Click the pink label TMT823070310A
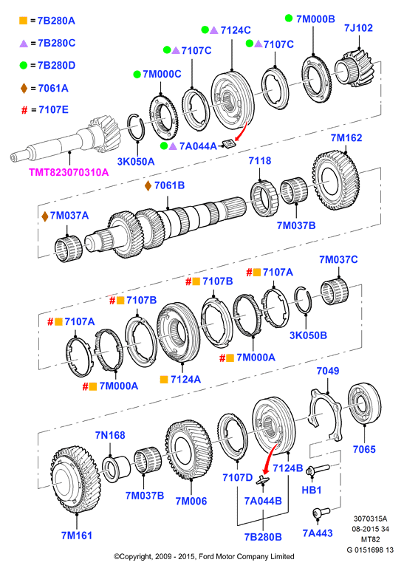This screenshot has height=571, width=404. (69, 172)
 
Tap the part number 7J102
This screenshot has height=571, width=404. (358, 28)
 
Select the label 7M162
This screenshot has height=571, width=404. (346, 137)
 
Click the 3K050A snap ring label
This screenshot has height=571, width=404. (136, 161)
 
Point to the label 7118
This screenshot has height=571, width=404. (260, 160)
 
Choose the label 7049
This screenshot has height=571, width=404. (328, 371)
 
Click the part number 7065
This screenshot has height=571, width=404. (364, 449)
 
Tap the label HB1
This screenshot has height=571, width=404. (312, 490)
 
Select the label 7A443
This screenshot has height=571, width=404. (318, 533)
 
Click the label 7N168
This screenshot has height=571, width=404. (110, 435)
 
